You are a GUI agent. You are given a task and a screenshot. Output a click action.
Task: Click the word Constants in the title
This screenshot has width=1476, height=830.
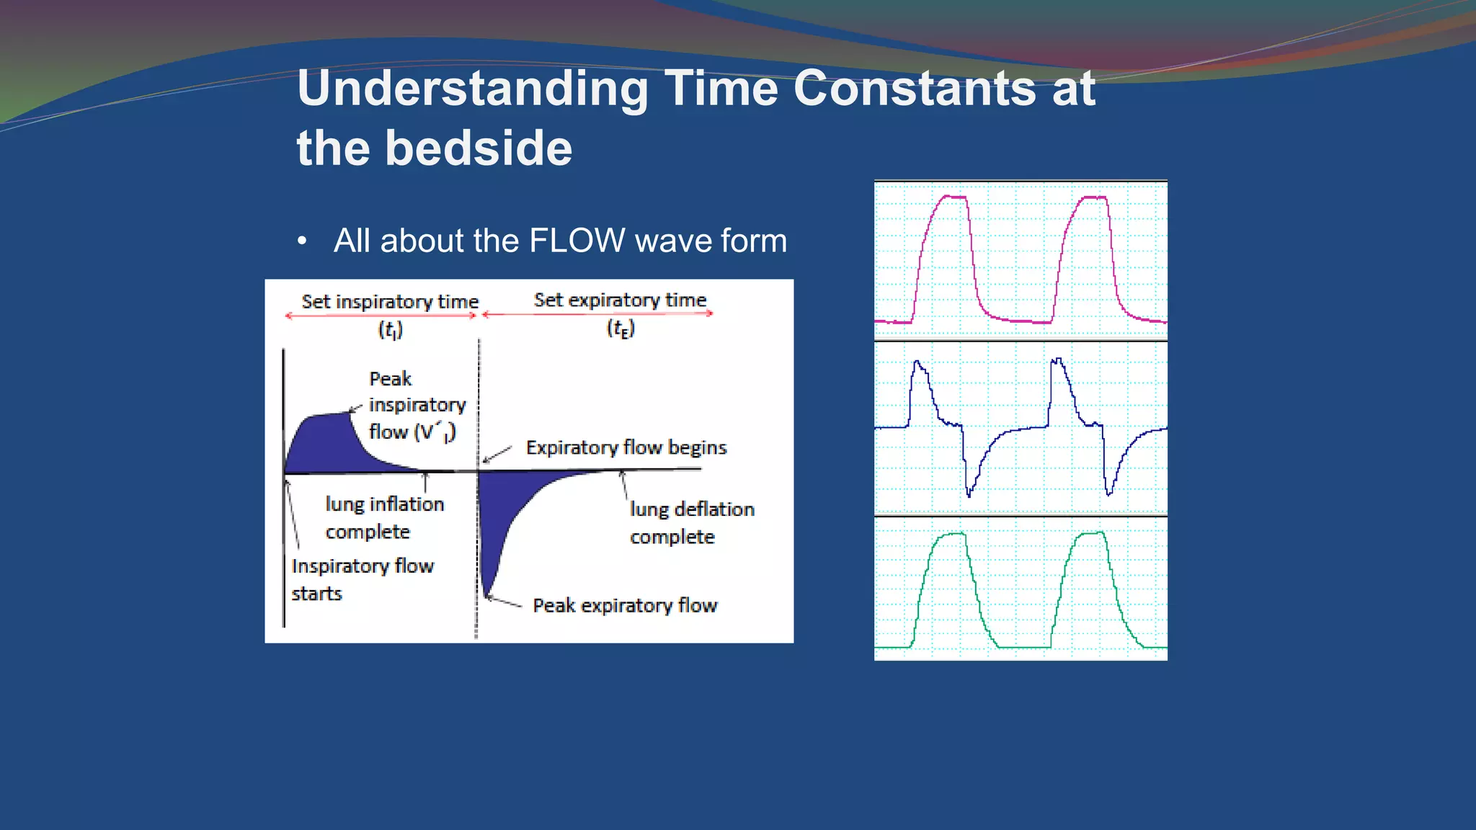[914, 88]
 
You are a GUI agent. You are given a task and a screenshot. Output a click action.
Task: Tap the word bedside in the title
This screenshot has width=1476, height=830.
[479, 148]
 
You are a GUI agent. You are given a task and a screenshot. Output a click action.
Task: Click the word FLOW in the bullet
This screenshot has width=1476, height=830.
[577, 241]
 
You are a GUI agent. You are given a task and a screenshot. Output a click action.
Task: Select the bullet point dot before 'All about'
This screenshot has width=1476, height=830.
[302, 241]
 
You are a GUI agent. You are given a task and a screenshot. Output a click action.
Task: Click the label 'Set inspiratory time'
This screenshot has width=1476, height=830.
[390, 301]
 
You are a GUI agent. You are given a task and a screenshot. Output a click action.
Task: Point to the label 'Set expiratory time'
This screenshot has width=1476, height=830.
[620, 300]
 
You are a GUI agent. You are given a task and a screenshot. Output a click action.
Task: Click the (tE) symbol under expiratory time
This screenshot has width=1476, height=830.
[621, 329]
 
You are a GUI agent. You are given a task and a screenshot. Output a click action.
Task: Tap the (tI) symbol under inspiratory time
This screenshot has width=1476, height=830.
[391, 330]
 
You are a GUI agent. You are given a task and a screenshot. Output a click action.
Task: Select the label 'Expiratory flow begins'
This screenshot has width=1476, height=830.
[626, 447]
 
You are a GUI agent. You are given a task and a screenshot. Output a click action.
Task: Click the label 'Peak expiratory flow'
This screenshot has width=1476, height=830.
[625, 605]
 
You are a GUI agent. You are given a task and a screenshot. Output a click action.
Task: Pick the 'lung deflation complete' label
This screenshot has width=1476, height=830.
[692, 523]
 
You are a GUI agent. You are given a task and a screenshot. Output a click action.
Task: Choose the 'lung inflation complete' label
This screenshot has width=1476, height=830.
[384, 517]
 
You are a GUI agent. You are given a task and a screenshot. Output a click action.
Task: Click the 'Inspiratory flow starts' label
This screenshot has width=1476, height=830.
[362, 579]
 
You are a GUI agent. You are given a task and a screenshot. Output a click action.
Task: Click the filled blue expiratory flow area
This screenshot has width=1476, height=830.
[504, 512]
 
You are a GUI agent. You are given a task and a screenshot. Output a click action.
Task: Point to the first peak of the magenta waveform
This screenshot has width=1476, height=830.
[954, 197]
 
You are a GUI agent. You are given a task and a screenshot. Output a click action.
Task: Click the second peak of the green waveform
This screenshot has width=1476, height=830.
[1093, 534]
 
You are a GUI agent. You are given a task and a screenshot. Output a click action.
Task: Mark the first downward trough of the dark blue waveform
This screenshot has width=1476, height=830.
[969, 493]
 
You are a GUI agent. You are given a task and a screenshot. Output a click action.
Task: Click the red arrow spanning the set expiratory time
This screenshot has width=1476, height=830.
[598, 313]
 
